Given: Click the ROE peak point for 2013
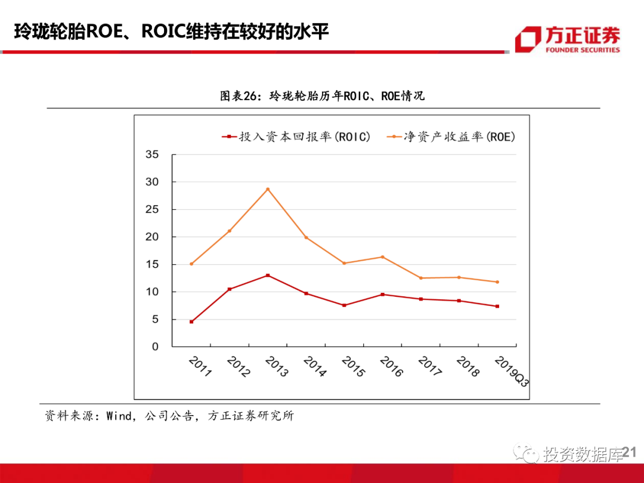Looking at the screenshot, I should pyautogui.click(x=268, y=189).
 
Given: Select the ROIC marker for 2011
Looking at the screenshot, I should pyautogui.click(x=191, y=322).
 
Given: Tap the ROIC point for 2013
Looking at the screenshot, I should pyautogui.click(x=268, y=275).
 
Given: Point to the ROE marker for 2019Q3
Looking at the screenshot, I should pyautogui.click(x=497, y=282).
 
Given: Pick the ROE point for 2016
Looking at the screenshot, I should pyautogui.click(x=382, y=257).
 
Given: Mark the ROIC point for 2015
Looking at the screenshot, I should pyautogui.click(x=344, y=305).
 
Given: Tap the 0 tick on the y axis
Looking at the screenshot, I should pyautogui.click(x=154, y=346).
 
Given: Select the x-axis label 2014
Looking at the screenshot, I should pyautogui.click(x=315, y=367).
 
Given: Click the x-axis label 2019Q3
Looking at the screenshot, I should pyautogui.click(x=512, y=371).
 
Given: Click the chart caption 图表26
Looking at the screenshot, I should pyautogui.click(x=238, y=95).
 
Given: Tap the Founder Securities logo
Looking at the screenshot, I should pyautogui.click(x=567, y=39).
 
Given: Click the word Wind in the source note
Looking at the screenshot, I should pyautogui.click(x=119, y=416).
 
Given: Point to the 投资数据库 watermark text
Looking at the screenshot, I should pyautogui.click(x=582, y=454).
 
